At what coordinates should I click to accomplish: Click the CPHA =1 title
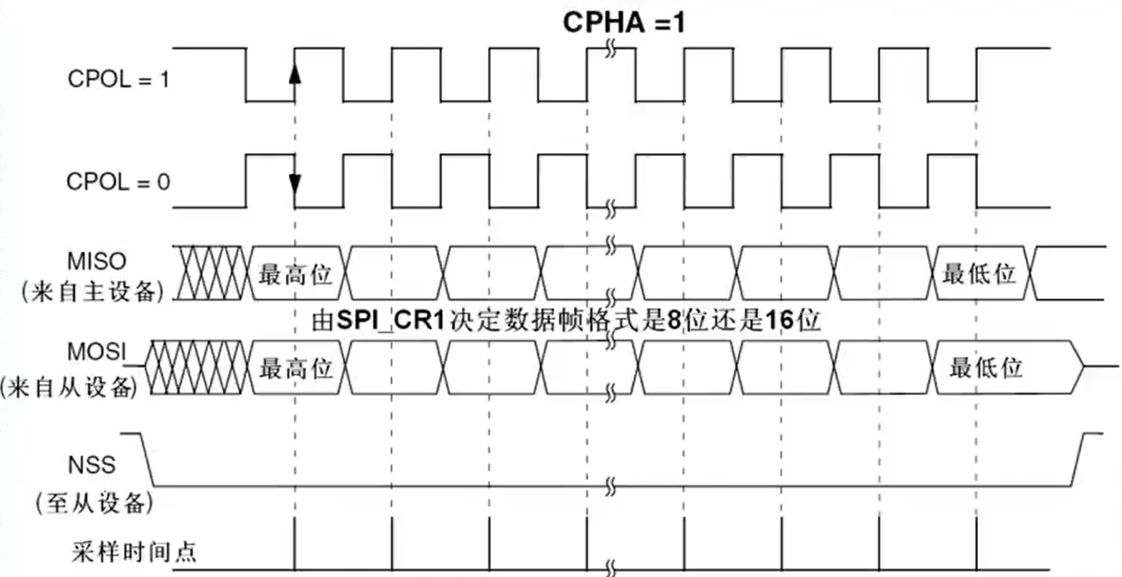tap(624, 21)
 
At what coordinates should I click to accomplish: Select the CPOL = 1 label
tap(118, 79)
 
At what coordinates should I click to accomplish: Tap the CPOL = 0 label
tap(118, 182)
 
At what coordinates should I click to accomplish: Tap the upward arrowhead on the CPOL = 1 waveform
tap(294, 73)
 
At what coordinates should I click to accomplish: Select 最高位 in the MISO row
tap(295, 273)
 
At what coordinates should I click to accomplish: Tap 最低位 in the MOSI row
tap(985, 368)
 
